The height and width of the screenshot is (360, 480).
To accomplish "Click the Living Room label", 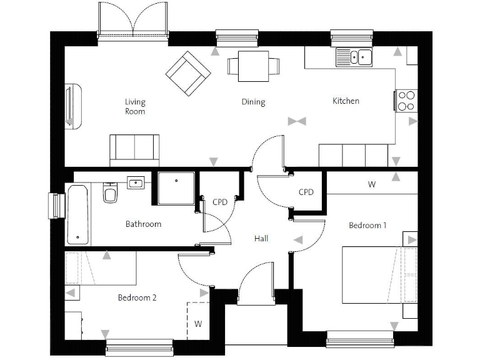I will click(134, 107).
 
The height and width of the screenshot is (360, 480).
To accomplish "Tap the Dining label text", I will click(253, 102).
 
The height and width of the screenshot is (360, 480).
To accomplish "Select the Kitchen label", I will click(346, 101).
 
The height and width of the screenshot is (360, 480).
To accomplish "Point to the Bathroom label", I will click(143, 224).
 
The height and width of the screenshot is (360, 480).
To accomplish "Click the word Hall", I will click(261, 238).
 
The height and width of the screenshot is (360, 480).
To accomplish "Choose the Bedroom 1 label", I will click(367, 225).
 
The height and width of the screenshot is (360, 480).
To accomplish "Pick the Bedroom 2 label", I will click(137, 297).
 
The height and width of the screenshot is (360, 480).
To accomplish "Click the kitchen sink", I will click(354, 57).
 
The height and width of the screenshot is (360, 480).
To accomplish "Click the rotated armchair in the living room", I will click(187, 74).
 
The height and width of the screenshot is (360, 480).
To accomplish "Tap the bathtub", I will click(78, 214).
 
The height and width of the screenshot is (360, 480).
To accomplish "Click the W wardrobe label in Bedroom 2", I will click(197, 324).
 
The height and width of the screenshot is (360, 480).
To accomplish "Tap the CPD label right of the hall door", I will click(306, 192).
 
